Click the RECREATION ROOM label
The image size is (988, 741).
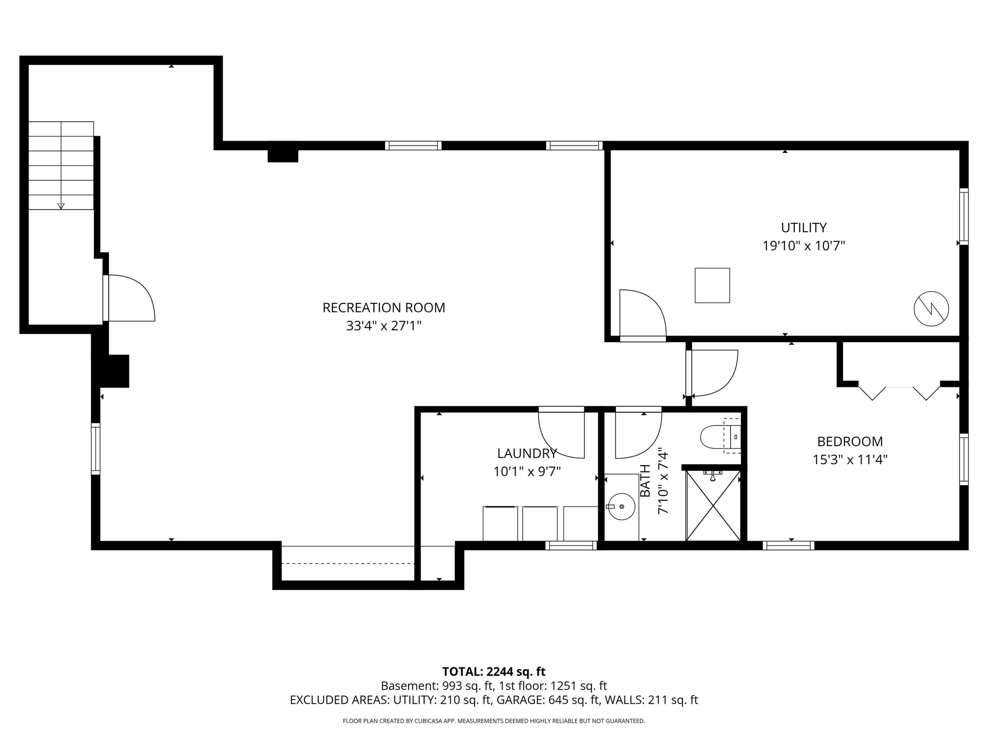point(384,308)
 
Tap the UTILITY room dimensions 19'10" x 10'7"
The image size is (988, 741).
point(804,246)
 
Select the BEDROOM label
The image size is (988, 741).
point(850,441)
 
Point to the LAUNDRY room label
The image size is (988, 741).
point(527,453)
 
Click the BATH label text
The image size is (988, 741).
point(645,480)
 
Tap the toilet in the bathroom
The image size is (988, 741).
point(720,437)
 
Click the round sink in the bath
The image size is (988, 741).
point(622,507)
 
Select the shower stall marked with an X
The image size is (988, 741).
point(713,505)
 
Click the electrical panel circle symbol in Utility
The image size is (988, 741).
point(931,309)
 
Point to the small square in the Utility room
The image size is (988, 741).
point(712,286)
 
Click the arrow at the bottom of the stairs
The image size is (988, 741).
point(61,206)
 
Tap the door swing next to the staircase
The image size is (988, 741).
point(129,298)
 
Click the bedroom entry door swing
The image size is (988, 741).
point(712,373)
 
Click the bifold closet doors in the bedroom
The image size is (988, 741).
point(899,393)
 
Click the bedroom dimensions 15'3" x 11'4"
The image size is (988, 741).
point(850,460)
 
